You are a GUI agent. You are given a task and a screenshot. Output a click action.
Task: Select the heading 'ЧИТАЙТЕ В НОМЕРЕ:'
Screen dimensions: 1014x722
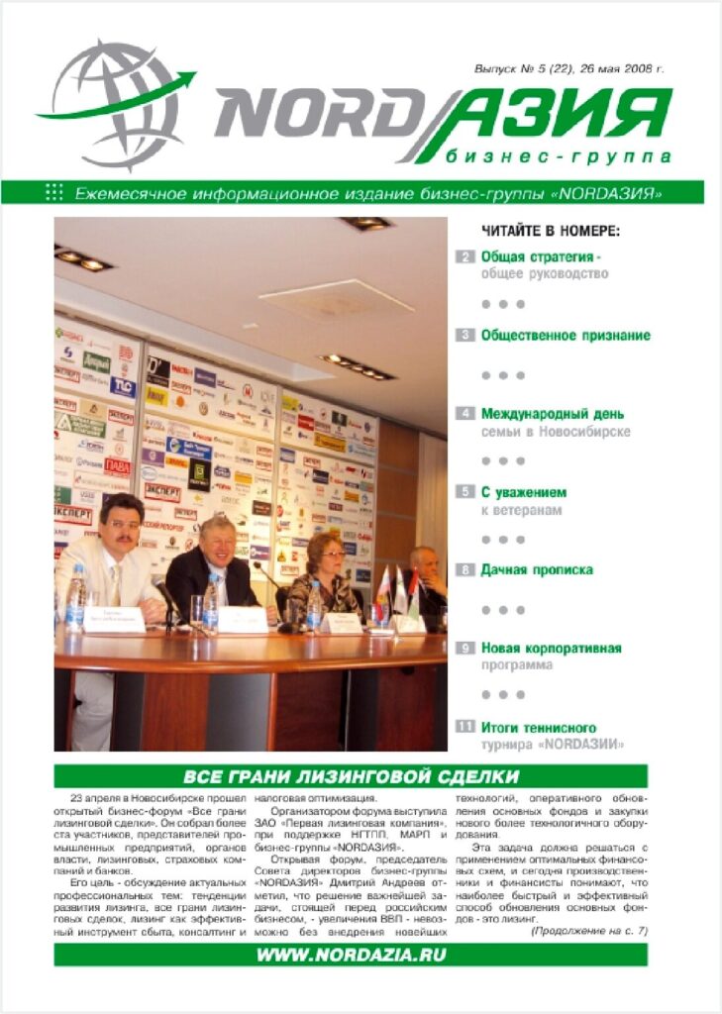click(x=551, y=232)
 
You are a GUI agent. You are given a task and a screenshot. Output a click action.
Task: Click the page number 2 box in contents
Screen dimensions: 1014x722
click(x=464, y=257)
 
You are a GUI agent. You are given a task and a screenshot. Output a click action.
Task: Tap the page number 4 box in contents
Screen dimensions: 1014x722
click(x=464, y=414)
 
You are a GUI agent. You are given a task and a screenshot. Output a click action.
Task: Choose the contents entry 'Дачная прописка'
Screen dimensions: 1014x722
click(x=537, y=570)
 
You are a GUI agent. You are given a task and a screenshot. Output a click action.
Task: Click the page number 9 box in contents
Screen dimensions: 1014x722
click(x=464, y=649)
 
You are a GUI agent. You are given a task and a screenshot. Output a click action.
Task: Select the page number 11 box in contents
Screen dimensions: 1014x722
click(x=464, y=727)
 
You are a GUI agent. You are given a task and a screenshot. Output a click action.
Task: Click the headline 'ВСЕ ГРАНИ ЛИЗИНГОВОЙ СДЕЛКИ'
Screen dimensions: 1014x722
click(x=352, y=775)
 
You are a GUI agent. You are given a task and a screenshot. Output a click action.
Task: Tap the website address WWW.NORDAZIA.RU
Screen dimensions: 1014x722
click(x=352, y=955)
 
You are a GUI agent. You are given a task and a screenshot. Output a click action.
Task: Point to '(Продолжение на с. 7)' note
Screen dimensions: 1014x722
click(x=588, y=931)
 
